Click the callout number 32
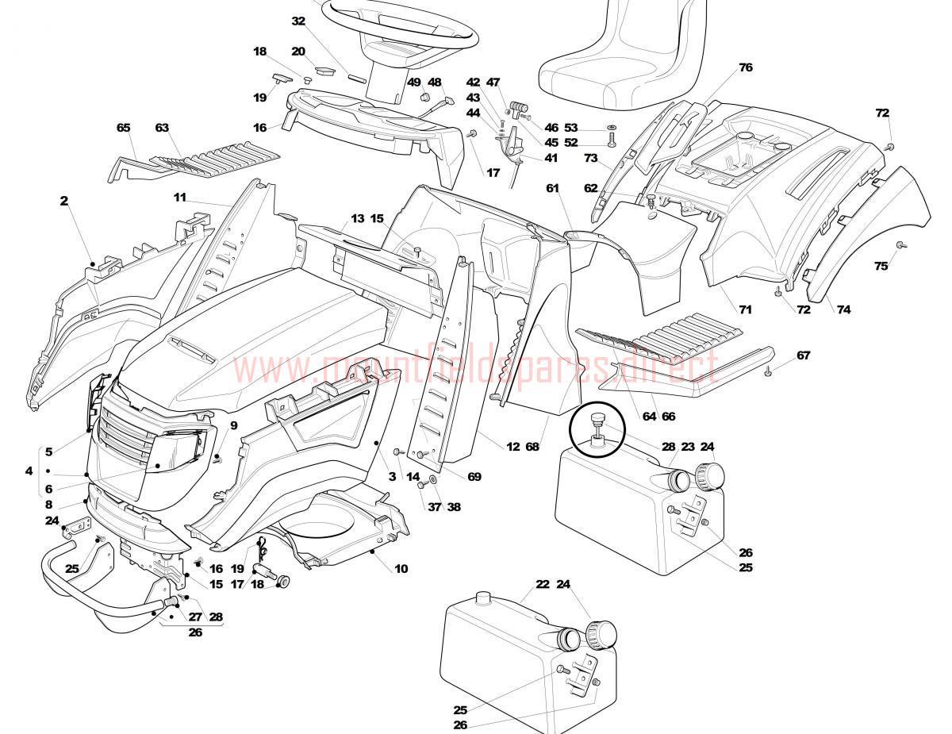tap(298, 21)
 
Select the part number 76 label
tap(745, 67)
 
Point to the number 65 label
tap(123, 128)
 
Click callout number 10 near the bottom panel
tap(401, 568)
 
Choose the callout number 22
tap(543, 585)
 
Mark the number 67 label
tap(804, 355)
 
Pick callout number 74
tap(843, 309)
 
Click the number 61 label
tap(553, 188)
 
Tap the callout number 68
tap(532, 447)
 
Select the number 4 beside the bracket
tap(29, 471)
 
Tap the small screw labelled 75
tap(899, 244)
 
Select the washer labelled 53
tap(612, 128)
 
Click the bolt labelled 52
tap(612, 141)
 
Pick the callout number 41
tap(551, 158)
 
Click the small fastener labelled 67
tap(769, 371)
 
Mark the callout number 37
tap(435, 507)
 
